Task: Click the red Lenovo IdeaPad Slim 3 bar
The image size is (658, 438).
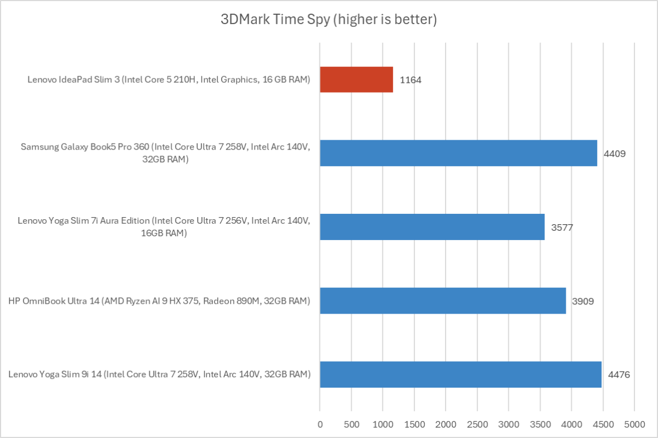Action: [x=356, y=79]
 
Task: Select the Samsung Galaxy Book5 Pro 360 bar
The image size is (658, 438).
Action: [x=458, y=153]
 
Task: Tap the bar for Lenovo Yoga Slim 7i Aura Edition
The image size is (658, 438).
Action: [x=432, y=226]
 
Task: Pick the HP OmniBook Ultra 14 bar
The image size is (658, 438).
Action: [x=442, y=300]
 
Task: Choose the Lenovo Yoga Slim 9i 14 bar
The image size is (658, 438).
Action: [x=460, y=374]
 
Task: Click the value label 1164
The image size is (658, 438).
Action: [x=410, y=80]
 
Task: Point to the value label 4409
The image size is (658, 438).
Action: [x=615, y=153]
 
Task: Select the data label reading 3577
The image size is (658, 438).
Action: [x=563, y=227]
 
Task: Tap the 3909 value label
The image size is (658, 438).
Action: [x=583, y=301]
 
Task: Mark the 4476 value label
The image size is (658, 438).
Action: [x=619, y=375]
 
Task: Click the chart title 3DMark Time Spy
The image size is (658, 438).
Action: [x=329, y=20]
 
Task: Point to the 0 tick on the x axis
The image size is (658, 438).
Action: [x=320, y=424]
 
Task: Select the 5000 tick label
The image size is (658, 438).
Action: [x=634, y=424]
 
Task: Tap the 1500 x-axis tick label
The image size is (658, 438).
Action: [x=414, y=424]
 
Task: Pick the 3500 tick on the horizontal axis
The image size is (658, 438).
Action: [x=540, y=424]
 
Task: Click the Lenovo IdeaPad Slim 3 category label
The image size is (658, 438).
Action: [x=169, y=80]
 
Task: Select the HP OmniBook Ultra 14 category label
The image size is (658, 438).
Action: [x=159, y=301]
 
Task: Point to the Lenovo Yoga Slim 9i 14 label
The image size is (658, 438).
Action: [x=160, y=375]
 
